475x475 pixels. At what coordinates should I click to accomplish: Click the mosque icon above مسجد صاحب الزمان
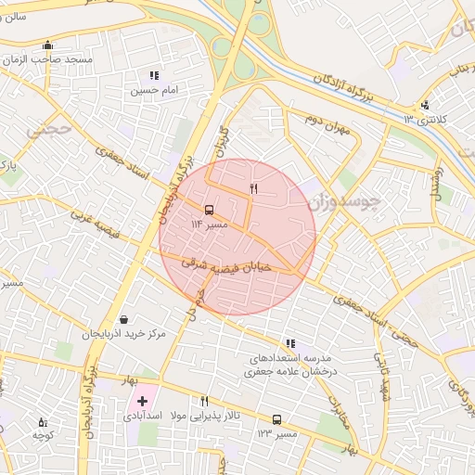coord(48,45)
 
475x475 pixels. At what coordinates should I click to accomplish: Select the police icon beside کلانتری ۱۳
coord(425,105)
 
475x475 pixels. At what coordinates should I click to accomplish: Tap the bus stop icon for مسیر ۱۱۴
coord(207,210)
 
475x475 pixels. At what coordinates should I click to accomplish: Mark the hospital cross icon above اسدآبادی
coord(142,402)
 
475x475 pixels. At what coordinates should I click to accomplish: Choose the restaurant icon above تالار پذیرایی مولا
coord(204,401)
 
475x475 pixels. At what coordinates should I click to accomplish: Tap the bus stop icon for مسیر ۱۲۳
coord(276,419)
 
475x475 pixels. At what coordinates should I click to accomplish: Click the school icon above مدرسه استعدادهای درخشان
coord(290,343)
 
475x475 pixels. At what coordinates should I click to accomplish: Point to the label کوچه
coord(42,434)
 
